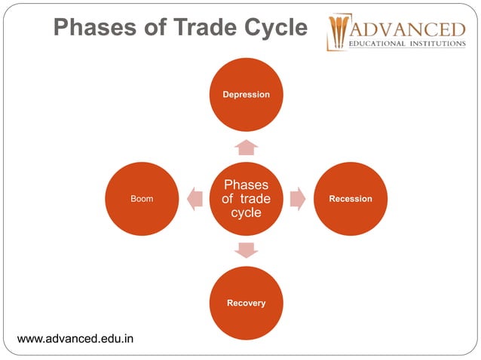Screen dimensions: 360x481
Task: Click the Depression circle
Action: point(246,94)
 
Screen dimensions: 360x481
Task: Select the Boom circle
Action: point(141,199)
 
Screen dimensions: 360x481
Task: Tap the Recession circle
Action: point(351,199)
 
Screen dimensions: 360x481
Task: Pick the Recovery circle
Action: point(246,303)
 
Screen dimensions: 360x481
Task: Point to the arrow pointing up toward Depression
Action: point(246,147)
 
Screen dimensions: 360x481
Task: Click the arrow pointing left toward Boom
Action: point(195,199)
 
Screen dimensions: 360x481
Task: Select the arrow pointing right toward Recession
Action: point(298,199)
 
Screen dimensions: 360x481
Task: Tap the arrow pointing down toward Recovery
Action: point(246,250)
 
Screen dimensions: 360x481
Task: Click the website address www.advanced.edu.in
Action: point(75,338)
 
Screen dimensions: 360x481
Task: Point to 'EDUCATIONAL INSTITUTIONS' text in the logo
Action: point(408,44)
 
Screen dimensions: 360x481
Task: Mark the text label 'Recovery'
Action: point(246,303)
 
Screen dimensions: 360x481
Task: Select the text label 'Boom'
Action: point(141,199)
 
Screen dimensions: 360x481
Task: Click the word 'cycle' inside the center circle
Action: point(246,212)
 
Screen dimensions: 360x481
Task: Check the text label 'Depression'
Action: point(246,94)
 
